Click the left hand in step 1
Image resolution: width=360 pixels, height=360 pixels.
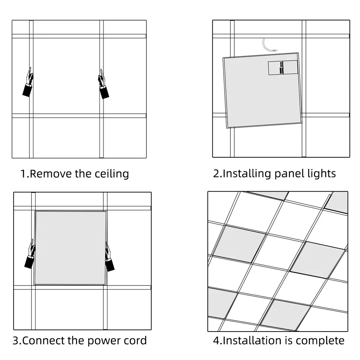[28, 82]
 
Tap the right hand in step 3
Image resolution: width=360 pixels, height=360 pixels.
[108, 257]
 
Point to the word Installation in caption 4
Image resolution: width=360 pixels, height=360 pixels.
[248, 340]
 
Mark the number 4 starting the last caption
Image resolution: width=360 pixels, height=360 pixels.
[216, 340]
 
